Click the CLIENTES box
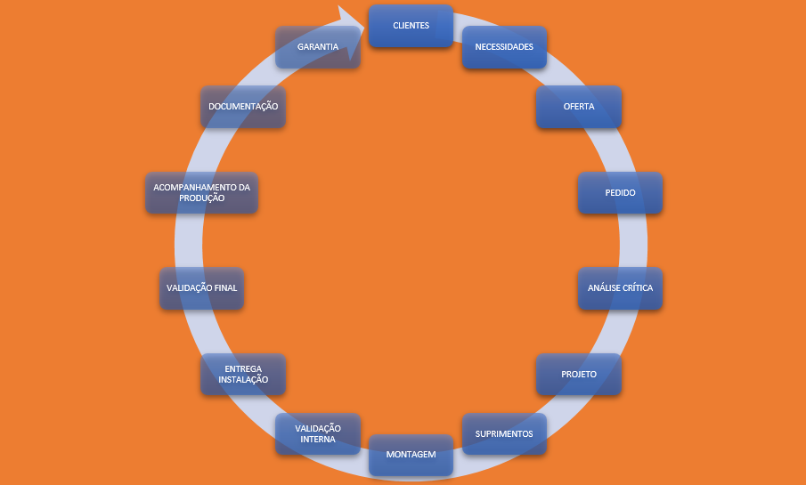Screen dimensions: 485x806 coord(411,26)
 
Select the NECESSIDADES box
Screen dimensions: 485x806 coord(504,47)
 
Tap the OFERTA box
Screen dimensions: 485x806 coord(578,107)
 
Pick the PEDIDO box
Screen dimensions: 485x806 coord(620,192)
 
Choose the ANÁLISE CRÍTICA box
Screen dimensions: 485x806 coord(620,288)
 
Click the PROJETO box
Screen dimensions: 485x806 coord(578,374)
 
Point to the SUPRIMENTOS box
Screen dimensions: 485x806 coord(504,434)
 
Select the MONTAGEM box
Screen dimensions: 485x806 coord(411,455)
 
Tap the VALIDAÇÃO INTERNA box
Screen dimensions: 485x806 coord(318,434)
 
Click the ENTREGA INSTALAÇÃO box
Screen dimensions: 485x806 coord(243,374)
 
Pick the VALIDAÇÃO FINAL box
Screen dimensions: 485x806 coord(201,288)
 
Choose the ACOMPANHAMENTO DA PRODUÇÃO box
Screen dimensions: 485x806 coord(201,192)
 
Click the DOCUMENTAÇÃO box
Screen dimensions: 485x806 coord(243,107)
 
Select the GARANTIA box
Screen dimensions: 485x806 coord(318,47)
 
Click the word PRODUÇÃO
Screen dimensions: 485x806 coord(200,198)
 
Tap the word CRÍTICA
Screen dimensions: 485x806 coord(636,288)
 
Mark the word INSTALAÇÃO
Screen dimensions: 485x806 coord(243,380)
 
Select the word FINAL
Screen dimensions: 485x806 coord(224,288)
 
